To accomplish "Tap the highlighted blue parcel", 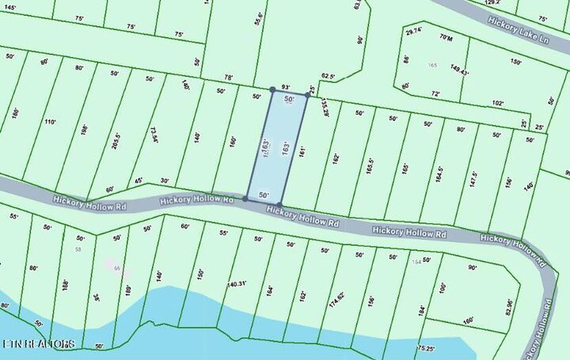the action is pyautogui.click(x=279, y=146).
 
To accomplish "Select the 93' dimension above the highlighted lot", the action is pyautogui.click(x=286, y=87).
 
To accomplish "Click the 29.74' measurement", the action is pyautogui.click(x=414, y=32).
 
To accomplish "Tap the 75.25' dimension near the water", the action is pyautogui.click(x=426, y=347).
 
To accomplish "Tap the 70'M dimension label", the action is pyautogui.click(x=447, y=37).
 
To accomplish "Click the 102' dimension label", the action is pyautogui.click(x=497, y=103).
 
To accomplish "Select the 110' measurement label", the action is pyautogui.click(x=50, y=122).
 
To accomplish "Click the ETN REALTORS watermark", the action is pyautogui.click(x=39, y=344).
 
